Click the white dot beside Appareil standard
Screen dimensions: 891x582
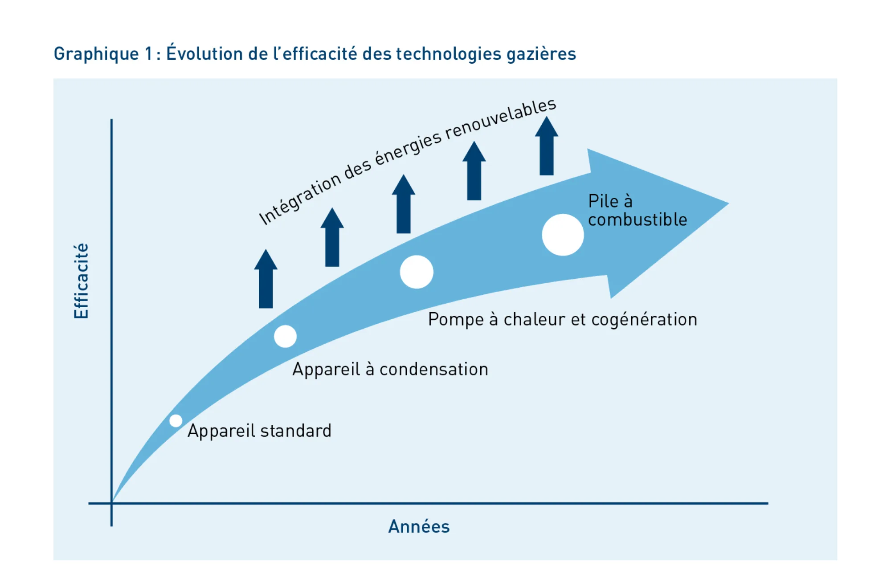176,421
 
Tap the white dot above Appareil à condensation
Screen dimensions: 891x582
285,336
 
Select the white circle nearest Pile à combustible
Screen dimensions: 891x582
563,235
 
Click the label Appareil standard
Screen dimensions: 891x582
259,431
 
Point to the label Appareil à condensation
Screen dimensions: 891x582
390,370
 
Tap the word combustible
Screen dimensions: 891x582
638,220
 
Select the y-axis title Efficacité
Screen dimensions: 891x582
81,281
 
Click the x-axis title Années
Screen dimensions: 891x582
419,526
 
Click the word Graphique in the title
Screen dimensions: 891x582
96,54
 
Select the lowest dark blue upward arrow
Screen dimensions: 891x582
266,279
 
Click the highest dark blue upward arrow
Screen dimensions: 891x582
547,146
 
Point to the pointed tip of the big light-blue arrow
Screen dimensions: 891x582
728,203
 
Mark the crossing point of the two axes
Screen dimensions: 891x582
111,503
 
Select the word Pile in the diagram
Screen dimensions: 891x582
603,201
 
